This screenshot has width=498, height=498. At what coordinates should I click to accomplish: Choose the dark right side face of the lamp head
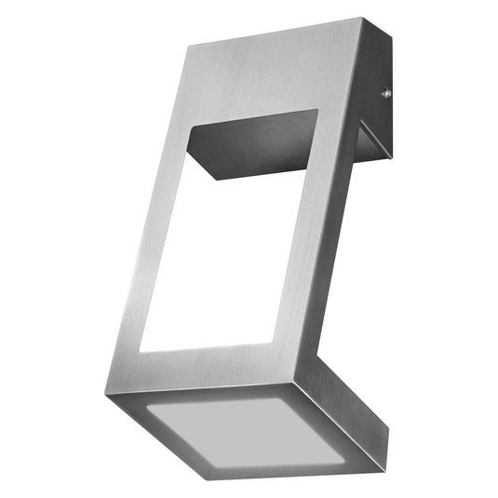tap(344, 410)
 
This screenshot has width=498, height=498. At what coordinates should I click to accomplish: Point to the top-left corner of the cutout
tap(189, 129)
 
